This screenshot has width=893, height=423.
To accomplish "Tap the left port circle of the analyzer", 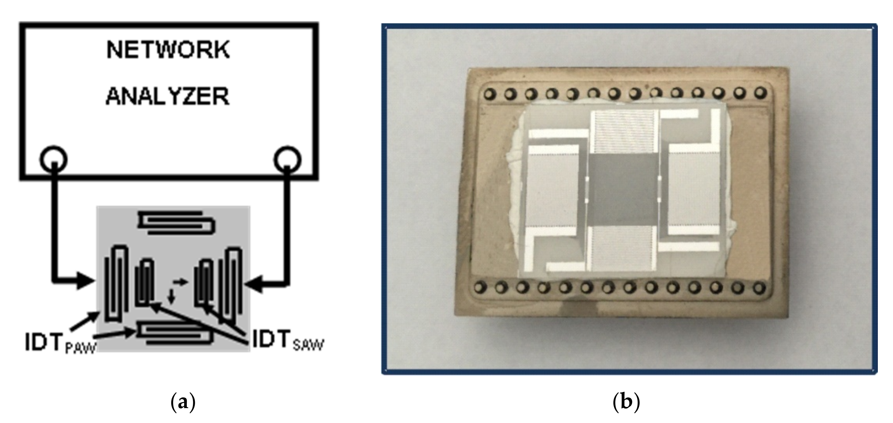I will point(54,160).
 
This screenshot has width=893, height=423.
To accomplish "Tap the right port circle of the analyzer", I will point(287,160).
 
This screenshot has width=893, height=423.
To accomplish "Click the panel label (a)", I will point(183,402).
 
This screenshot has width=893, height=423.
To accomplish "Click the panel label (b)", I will point(626,402).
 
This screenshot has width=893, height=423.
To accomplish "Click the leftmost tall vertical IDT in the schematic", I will point(117,283).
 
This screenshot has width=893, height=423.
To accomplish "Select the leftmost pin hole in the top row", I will point(489,94).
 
